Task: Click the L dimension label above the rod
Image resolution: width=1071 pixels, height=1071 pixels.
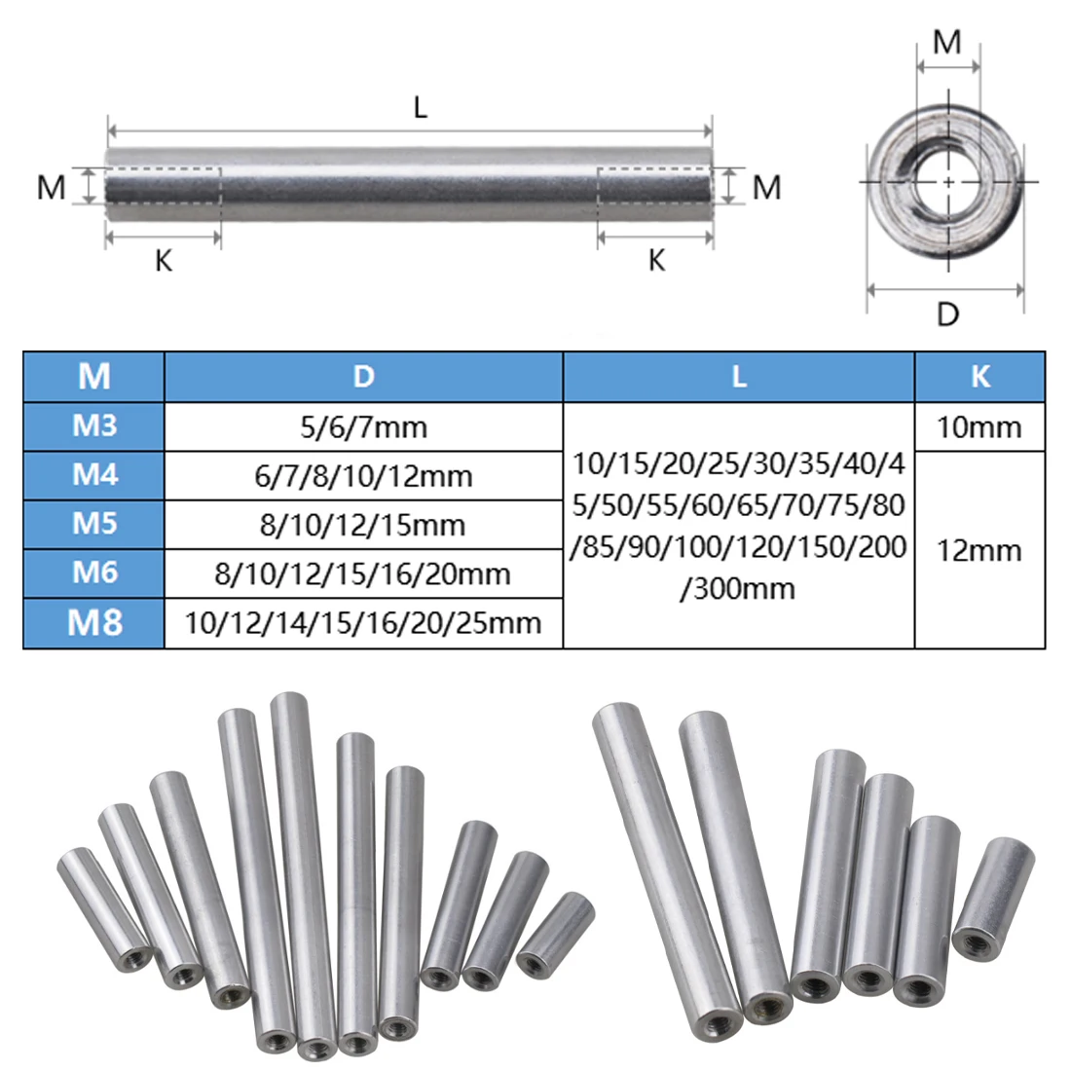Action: pyautogui.click(x=420, y=107)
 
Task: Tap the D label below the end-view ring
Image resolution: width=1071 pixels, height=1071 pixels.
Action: pyautogui.click(x=947, y=314)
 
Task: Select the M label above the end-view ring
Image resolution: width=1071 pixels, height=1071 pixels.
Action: pyautogui.click(x=946, y=42)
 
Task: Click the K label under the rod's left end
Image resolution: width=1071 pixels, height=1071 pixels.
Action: pyautogui.click(x=164, y=260)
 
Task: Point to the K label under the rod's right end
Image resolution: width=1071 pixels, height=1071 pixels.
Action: pyautogui.click(x=656, y=260)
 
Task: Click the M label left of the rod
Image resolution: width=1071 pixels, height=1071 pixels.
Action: pyautogui.click(x=52, y=187)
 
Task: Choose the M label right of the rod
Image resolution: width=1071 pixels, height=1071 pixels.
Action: pyautogui.click(x=766, y=187)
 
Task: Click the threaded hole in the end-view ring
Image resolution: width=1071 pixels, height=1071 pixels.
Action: pyautogui.click(x=948, y=182)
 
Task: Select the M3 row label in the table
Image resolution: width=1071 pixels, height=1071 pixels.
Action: pyautogui.click(x=94, y=425)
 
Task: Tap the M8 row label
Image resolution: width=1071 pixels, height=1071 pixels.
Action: pyautogui.click(x=94, y=623)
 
